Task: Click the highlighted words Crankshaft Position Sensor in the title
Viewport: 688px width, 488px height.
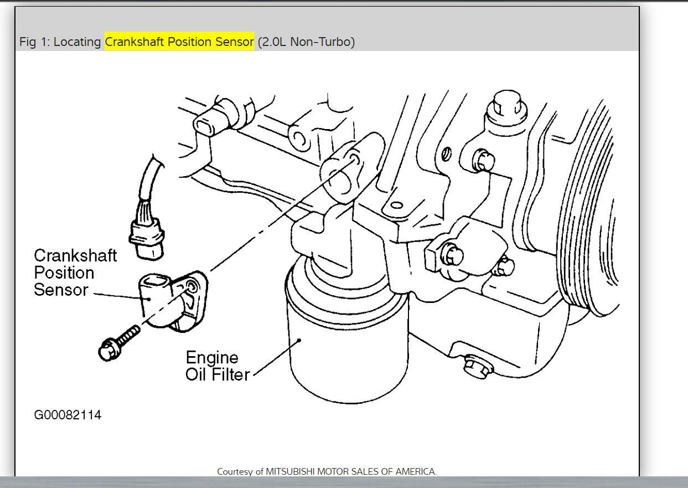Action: [179, 42]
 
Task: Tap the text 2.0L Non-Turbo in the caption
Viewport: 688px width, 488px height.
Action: [306, 42]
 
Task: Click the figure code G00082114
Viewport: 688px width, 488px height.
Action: [68, 415]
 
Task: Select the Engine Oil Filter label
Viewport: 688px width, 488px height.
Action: [217, 366]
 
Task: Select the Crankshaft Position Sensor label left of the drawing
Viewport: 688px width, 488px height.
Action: [75, 273]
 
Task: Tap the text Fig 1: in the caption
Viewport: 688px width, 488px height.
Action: [35, 42]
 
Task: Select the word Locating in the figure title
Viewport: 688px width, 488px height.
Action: [77, 42]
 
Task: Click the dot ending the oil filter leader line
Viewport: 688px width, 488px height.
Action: [299, 340]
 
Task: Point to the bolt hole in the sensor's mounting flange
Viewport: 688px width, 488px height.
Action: [192, 286]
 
